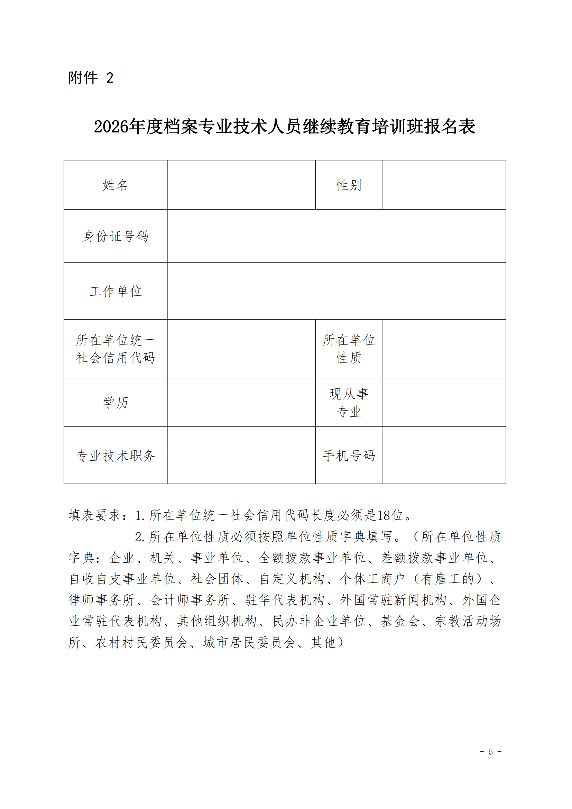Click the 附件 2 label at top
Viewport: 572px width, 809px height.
[91, 78]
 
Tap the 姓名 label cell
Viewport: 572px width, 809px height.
[115, 185]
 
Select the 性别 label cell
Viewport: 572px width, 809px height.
[349, 185]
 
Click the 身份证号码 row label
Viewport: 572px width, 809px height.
[115, 237]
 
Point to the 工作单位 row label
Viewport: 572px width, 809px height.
[115, 291]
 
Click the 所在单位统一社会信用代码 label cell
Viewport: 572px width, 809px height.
[115, 349]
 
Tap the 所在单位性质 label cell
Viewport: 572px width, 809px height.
[349, 349]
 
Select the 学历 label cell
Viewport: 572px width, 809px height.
[115, 402]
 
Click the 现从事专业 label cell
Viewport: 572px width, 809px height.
[349, 402]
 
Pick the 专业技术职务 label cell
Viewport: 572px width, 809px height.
[115, 456]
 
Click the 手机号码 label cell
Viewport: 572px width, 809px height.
[349, 456]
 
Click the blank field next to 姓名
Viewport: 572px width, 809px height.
[241, 185]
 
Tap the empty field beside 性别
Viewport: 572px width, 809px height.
[444, 185]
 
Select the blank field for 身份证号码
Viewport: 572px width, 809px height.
[336, 237]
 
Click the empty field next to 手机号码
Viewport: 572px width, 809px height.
[444, 456]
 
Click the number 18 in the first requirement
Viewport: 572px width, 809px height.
[384, 515]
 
